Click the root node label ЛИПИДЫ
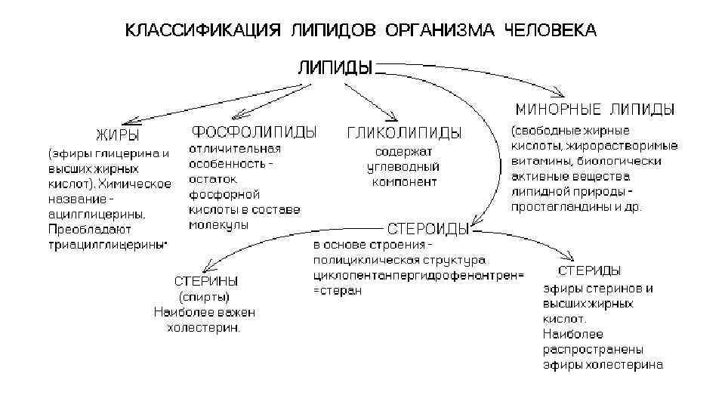point(335,68)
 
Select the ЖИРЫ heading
point(117,136)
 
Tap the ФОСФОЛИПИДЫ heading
point(254,131)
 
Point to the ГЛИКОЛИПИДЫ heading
point(404,133)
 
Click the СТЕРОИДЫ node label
point(427,228)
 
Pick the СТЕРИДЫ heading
point(590,270)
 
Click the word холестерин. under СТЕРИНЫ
point(204,327)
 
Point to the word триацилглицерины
point(107,245)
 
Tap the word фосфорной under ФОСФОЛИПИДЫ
point(217,193)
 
